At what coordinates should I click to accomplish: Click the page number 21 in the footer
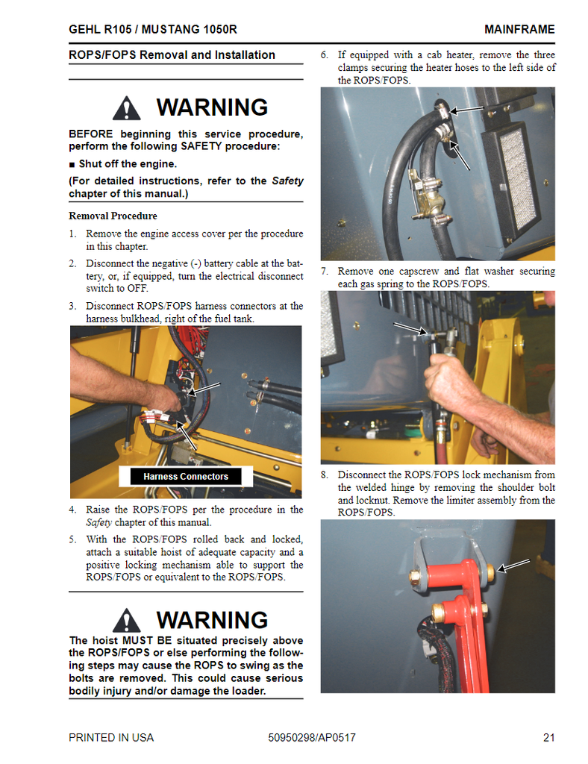tap(548, 738)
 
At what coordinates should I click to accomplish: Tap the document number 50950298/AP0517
tap(312, 738)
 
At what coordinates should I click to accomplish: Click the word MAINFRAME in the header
tap(519, 29)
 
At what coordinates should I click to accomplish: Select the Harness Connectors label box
tap(186, 476)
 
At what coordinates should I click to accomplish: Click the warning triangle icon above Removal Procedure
tap(127, 108)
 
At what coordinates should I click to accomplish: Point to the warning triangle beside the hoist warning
tap(127, 621)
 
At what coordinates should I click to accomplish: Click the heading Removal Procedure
tap(113, 216)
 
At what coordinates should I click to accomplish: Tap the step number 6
tap(325, 55)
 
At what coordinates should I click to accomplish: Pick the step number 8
tap(325, 475)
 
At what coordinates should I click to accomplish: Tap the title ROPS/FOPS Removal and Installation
tap(172, 55)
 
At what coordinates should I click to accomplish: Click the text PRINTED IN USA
tap(111, 738)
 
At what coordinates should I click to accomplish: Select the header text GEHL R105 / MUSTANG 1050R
tap(153, 29)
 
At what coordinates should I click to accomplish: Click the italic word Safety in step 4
tap(99, 522)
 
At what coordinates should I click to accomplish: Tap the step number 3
tap(72, 306)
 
